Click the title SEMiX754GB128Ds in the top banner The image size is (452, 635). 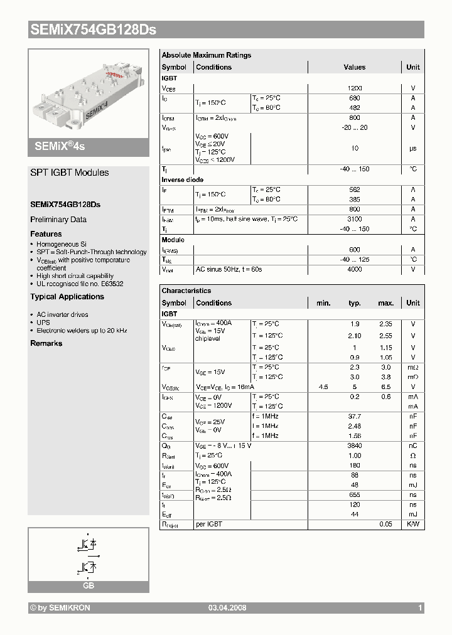tap(92, 29)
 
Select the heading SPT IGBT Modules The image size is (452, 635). tap(70, 173)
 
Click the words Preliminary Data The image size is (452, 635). tap(58, 220)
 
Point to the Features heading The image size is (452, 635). tap(46, 234)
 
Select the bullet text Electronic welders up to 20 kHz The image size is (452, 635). tap(82, 330)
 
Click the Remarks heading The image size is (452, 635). tap(46, 343)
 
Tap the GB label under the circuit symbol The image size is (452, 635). tap(89, 585)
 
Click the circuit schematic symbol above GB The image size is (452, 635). tap(89, 554)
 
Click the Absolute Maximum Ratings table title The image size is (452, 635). tap(206, 55)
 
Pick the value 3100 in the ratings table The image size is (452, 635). tap(354, 219)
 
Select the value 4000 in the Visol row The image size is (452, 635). tap(354, 269)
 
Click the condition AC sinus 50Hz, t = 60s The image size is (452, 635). tap(229, 269)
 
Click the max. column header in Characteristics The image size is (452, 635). tap(385, 303)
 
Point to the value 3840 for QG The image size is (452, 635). tap(354, 446)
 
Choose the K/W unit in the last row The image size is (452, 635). tap(412, 524)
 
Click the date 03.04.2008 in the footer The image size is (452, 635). tap(227, 608)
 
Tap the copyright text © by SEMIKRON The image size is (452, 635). tap(60, 608)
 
